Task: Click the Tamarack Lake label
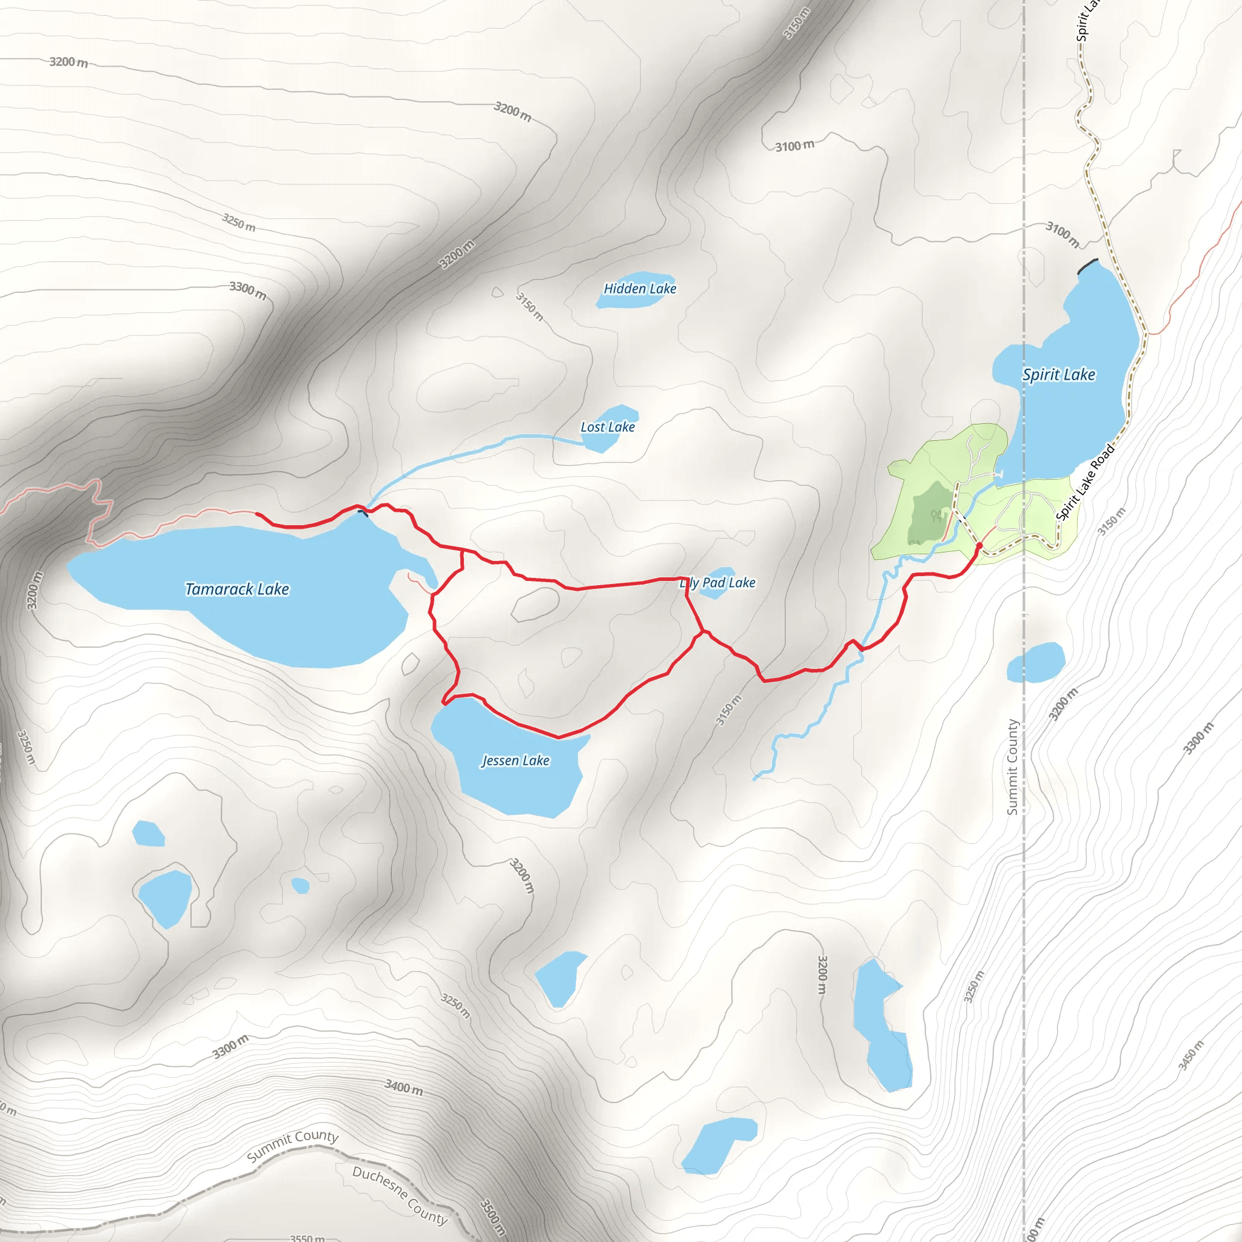point(237,589)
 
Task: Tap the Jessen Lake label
point(515,760)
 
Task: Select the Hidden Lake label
point(640,289)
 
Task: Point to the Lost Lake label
point(608,427)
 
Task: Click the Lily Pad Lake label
point(717,583)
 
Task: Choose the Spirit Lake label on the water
point(1059,375)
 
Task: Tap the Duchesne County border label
point(399,1195)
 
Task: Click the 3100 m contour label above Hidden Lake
point(794,146)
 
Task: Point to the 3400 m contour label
point(404,1087)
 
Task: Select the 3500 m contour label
point(494,1217)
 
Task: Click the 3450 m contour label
point(1190,1056)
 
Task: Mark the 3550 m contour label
point(307,1238)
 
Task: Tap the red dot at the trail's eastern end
point(979,546)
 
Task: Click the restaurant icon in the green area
point(936,515)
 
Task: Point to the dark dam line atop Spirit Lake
point(1088,266)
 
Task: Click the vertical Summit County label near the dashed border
point(1013,767)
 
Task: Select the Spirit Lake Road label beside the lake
point(1085,482)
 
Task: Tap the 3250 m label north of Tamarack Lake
point(238,223)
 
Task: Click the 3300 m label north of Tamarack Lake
point(248,290)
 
